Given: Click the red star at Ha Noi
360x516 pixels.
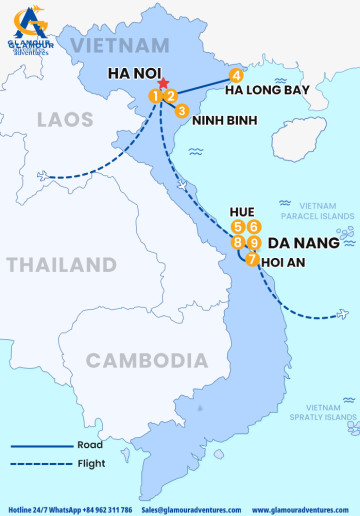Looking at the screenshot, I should [160, 84].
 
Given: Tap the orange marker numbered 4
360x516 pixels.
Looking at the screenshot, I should [236, 75].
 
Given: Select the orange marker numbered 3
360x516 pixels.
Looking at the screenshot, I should [181, 111].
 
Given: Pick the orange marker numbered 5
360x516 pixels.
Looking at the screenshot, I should [238, 227].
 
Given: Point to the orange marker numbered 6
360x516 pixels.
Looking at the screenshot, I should [254, 227].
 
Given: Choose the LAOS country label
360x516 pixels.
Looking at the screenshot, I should [65, 120].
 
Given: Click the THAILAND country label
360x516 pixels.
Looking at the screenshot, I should [61, 265].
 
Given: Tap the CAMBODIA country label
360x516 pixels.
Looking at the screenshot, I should [135, 361].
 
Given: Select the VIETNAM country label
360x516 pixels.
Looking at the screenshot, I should [119, 45].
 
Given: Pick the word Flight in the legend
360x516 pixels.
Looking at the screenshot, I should [91, 463].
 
